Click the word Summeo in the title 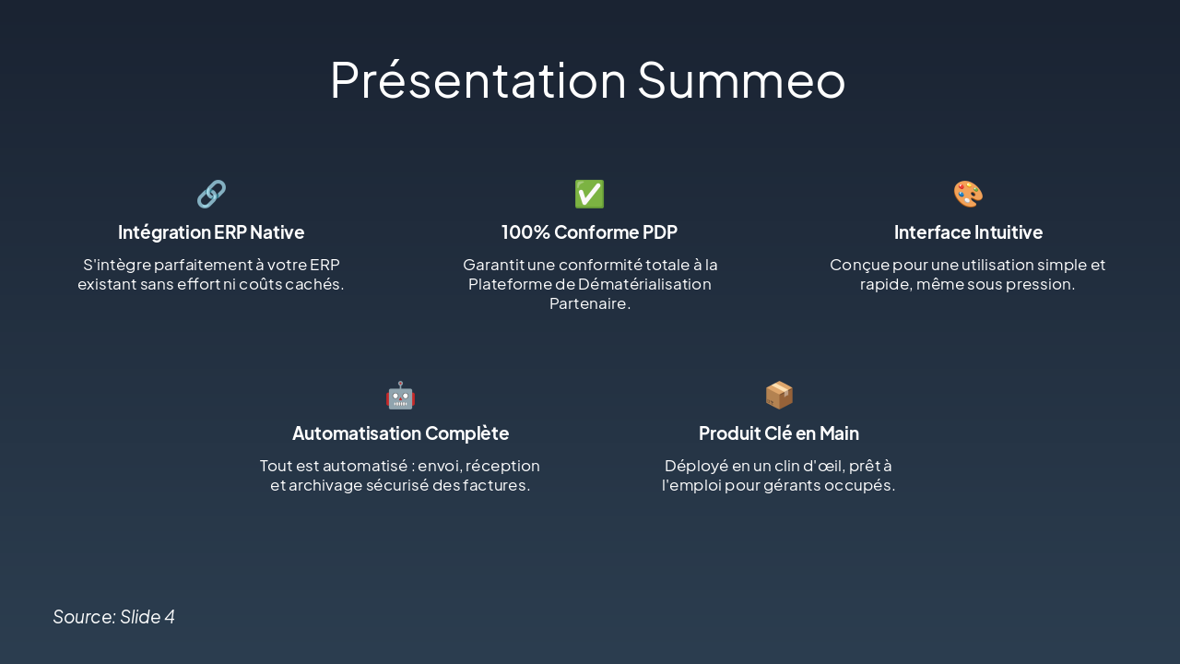click(741, 79)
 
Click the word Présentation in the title click(478, 79)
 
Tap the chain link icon click(211, 194)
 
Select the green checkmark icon click(589, 194)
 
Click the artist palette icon click(968, 194)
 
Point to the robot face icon click(400, 395)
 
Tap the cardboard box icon click(779, 395)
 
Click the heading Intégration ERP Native click(211, 232)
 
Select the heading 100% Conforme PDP click(589, 232)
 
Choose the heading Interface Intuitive click(968, 232)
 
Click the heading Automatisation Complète click(400, 433)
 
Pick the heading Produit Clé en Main click(779, 433)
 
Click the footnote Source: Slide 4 click(113, 617)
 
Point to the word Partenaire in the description click(589, 303)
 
